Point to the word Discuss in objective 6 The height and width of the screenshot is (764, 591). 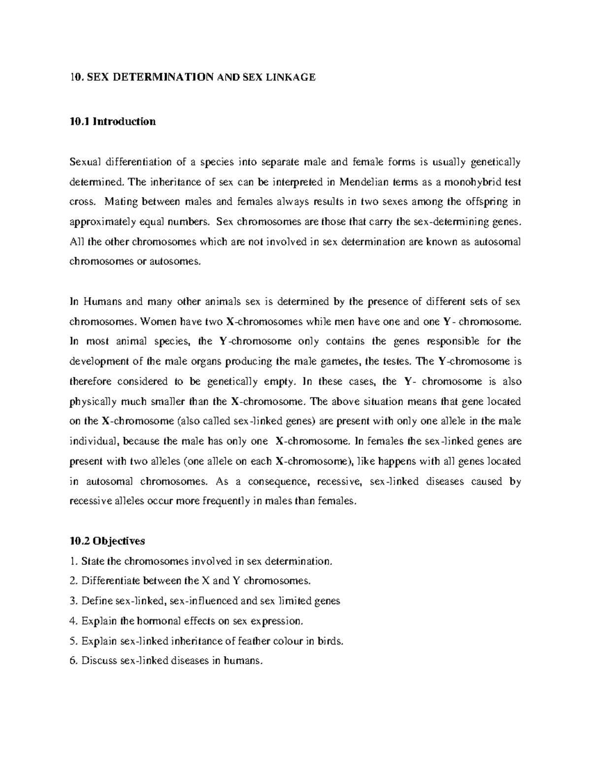[98, 661]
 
